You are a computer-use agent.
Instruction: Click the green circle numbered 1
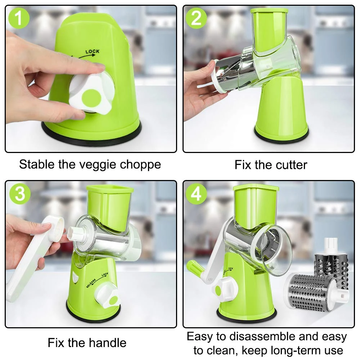pos(19,18)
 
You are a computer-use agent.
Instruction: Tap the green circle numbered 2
pos(196,18)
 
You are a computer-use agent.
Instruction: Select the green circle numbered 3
pos(20,193)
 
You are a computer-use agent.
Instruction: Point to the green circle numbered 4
pos(196,193)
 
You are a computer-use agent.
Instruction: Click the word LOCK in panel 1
pos(93,51)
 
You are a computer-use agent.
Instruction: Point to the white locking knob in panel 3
pos(107,296)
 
